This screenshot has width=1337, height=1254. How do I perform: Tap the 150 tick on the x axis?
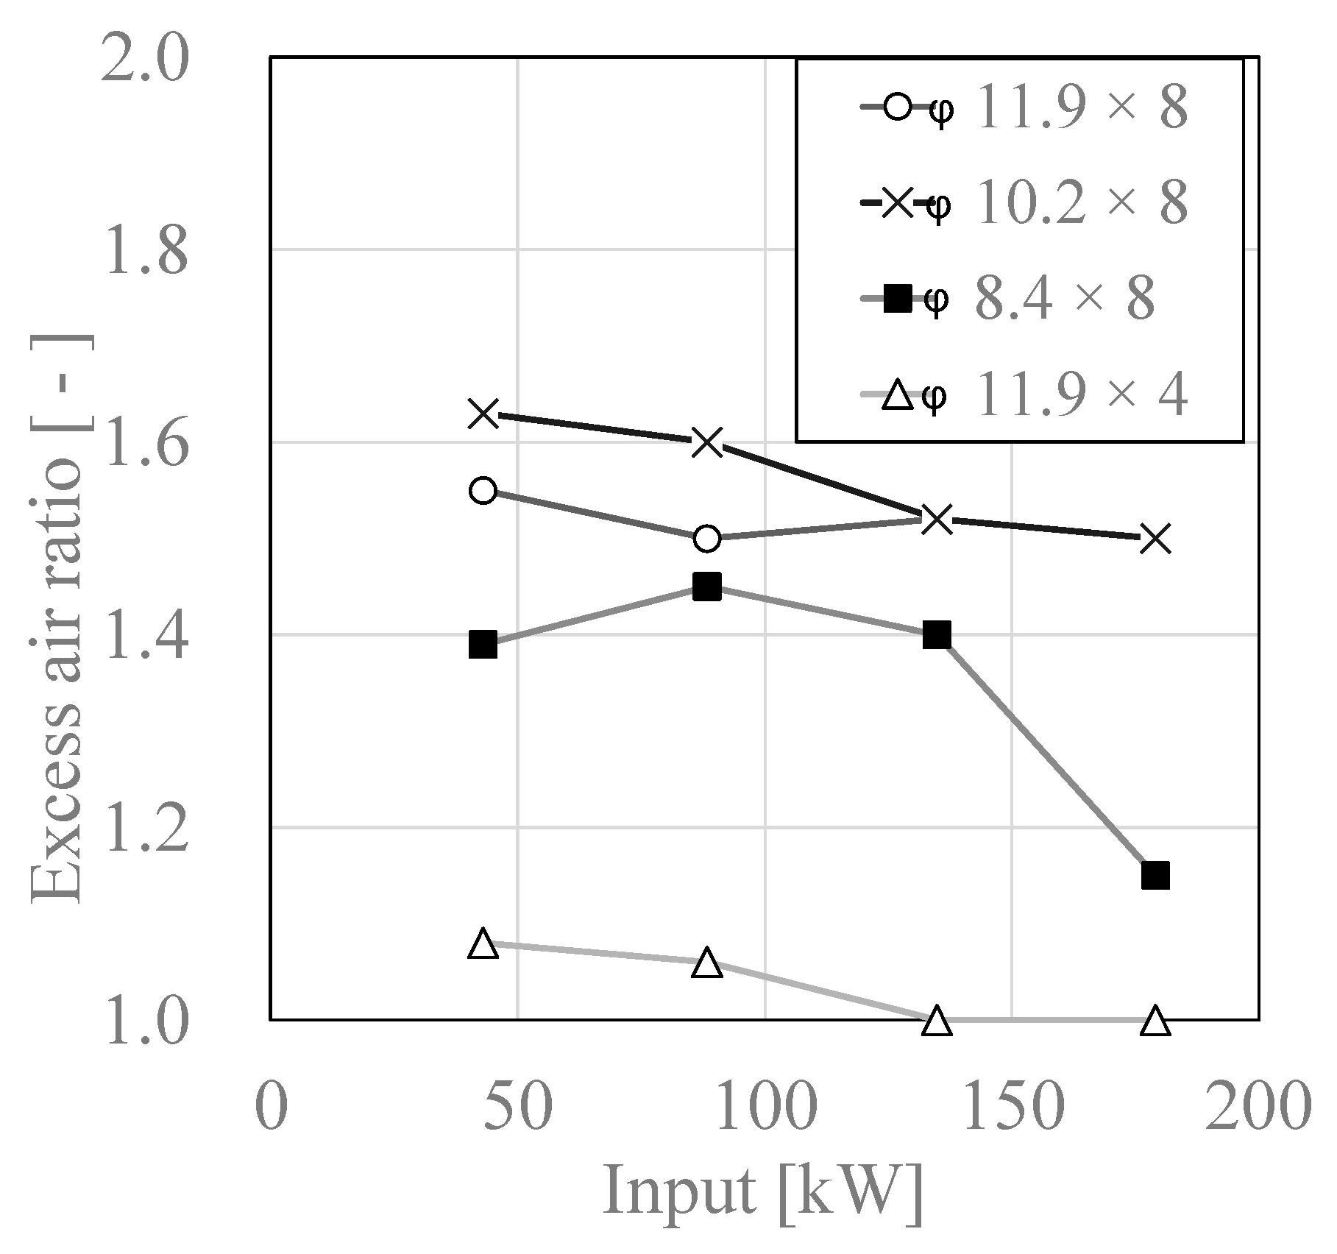coord(1012,1105)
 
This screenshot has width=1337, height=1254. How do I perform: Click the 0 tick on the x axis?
coord(271,1105)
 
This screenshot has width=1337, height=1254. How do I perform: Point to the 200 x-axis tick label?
coord(1258,1105)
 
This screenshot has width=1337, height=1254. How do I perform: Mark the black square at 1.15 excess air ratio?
coord(1155,876)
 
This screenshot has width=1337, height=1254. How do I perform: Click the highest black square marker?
coord(706,587)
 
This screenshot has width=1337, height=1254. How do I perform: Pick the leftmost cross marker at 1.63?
coord(483,414)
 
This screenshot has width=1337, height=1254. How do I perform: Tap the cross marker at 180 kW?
coord(1155,539)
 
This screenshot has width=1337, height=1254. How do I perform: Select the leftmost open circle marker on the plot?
coord(483,490)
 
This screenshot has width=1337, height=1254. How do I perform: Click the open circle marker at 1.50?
coord(706,539)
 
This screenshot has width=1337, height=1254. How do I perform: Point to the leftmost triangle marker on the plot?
coord(483,943)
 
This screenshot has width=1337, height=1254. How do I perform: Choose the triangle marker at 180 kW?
coord(1155,1021)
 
